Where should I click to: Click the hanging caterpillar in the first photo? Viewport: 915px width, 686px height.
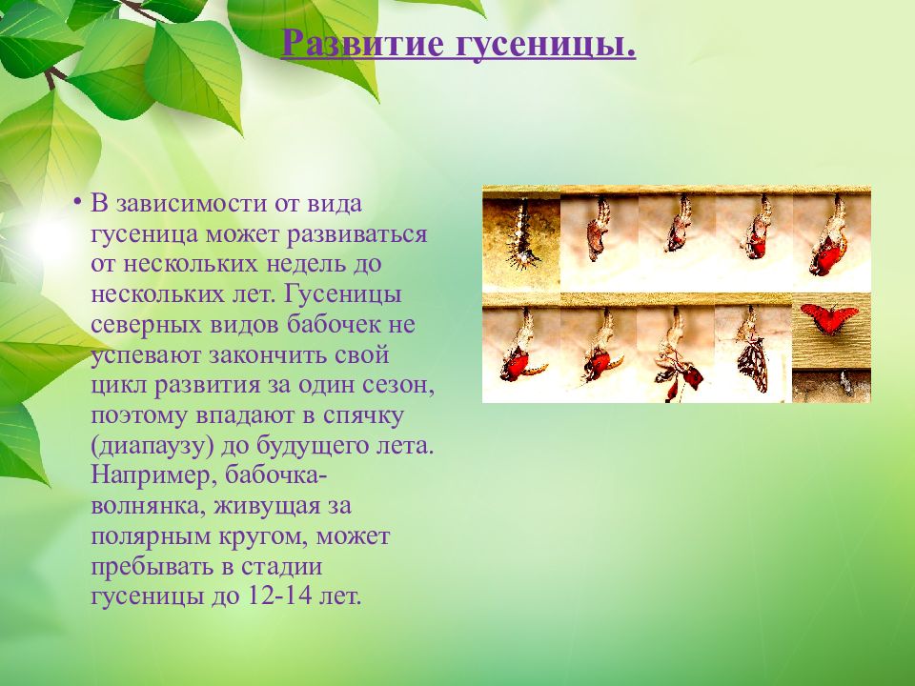[x=522, y=233]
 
